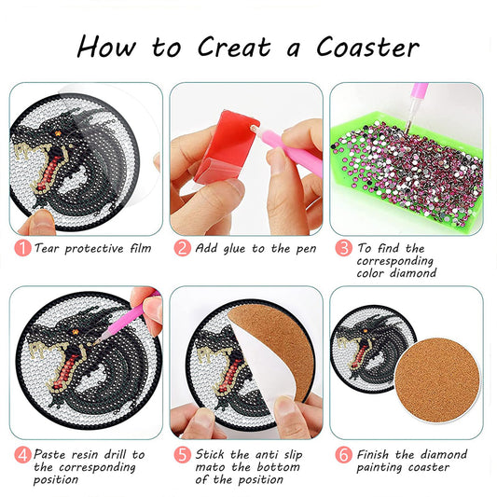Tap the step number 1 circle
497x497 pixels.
[x=21, y=248]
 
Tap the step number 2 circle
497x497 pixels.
[x=183, y=248]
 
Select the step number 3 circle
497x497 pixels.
[x=344, y=248]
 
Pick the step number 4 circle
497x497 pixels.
[x=21, y=454]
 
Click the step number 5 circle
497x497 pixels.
[x=183, y=454]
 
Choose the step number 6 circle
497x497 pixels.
[x=344, y=454]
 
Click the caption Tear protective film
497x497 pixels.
[x=92, y=248]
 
